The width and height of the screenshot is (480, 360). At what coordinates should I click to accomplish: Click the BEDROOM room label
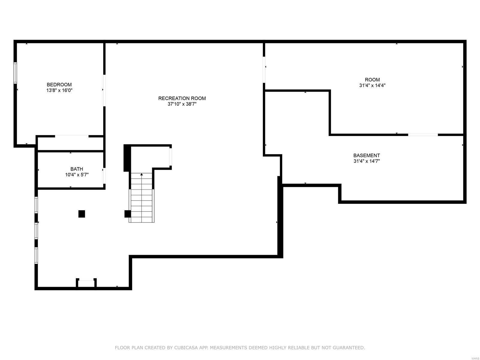(x=59, y=85)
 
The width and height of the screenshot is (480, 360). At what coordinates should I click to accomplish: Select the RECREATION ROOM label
(x=182, y=98)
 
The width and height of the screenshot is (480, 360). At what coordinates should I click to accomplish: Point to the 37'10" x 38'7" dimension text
(x=182, y=104)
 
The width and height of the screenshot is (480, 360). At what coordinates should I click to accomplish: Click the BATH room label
(x=77, y=169)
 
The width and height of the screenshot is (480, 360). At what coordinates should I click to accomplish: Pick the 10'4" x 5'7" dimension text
(x=77, y=175)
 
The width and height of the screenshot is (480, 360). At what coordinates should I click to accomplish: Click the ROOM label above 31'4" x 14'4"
(x=372, y=80)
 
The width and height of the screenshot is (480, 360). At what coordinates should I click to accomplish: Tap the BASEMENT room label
(x=366, y=156)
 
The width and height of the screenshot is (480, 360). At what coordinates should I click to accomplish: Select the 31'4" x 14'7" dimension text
(x=366, y=161)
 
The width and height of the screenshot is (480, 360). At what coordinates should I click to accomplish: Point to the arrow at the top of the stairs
(x=142, y=174)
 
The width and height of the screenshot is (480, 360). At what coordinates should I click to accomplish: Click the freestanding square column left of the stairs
(x=82, y=214)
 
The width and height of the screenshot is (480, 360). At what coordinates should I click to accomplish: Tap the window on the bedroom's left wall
(x=15, y=73)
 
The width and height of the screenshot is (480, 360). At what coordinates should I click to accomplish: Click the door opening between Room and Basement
(x=423, y=135)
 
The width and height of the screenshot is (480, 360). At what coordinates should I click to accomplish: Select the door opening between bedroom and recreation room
(x=104, y=90)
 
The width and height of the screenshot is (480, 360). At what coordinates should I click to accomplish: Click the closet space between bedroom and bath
(x=70, y=143)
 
